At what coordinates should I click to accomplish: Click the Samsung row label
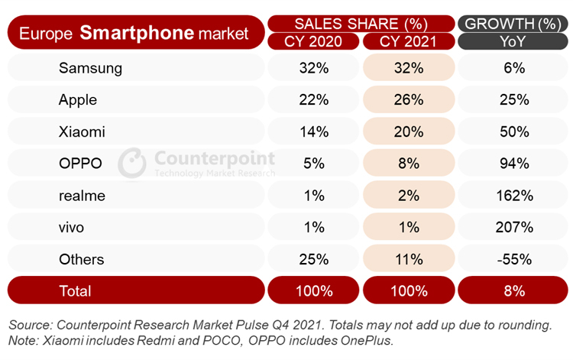click(x=90, y=68)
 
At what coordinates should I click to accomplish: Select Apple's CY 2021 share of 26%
click(x=409, y=99)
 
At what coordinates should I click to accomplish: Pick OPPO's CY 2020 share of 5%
click(x=314, y=164)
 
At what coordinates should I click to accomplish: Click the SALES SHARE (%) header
click(x=361, y=23)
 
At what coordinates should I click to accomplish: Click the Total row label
click(x=75, y=291)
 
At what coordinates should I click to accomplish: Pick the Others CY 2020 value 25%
click(x=314, y=260)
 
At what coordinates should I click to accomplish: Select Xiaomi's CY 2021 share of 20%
click(x=409, y=131)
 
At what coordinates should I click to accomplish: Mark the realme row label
click(x=82, y=196)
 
